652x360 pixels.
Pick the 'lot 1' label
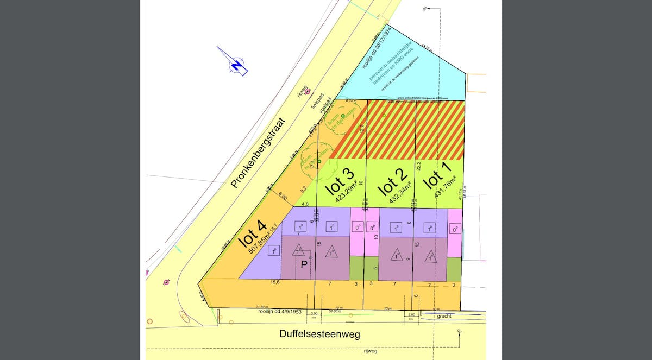click(434, 178)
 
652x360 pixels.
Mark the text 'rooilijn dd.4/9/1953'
click(280, 312)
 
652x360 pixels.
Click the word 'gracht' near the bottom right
click(444, 315)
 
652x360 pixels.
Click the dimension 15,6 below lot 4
click(275, 282)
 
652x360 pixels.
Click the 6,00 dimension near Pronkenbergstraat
click(282, 195)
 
